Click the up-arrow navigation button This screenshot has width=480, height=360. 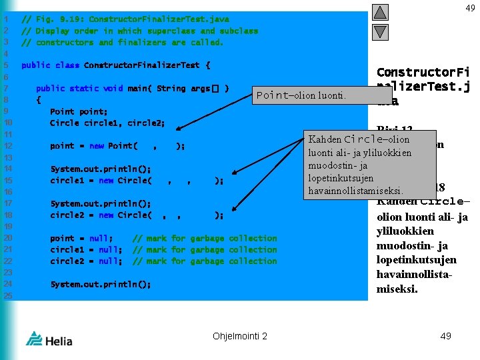point(379,11)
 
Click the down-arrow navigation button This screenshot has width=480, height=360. point(379,31)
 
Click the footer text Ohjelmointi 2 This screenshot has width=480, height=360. point(240,336)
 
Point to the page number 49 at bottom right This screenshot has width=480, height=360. point(445,336)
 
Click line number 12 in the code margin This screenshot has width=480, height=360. point(8,146)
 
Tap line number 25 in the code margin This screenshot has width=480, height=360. point(8,295)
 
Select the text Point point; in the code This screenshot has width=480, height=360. point(79,111)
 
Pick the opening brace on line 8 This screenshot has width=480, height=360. point(38,100)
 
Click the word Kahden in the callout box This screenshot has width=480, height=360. point(324,139)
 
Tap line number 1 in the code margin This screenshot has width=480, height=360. point(6,19)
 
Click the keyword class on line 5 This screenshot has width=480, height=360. point(67,65)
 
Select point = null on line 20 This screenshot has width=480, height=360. point(81,239)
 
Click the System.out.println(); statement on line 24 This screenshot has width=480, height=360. point(100,284)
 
